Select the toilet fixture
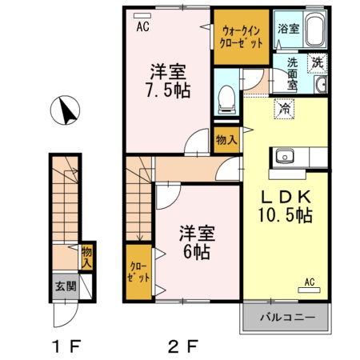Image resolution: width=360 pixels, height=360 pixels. coord(226,98)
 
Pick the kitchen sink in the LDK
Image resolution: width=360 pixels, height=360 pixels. coord(286,155)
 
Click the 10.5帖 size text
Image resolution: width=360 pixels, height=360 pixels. coord(285,216)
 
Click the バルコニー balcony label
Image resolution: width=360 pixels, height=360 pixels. coord(286,317)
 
